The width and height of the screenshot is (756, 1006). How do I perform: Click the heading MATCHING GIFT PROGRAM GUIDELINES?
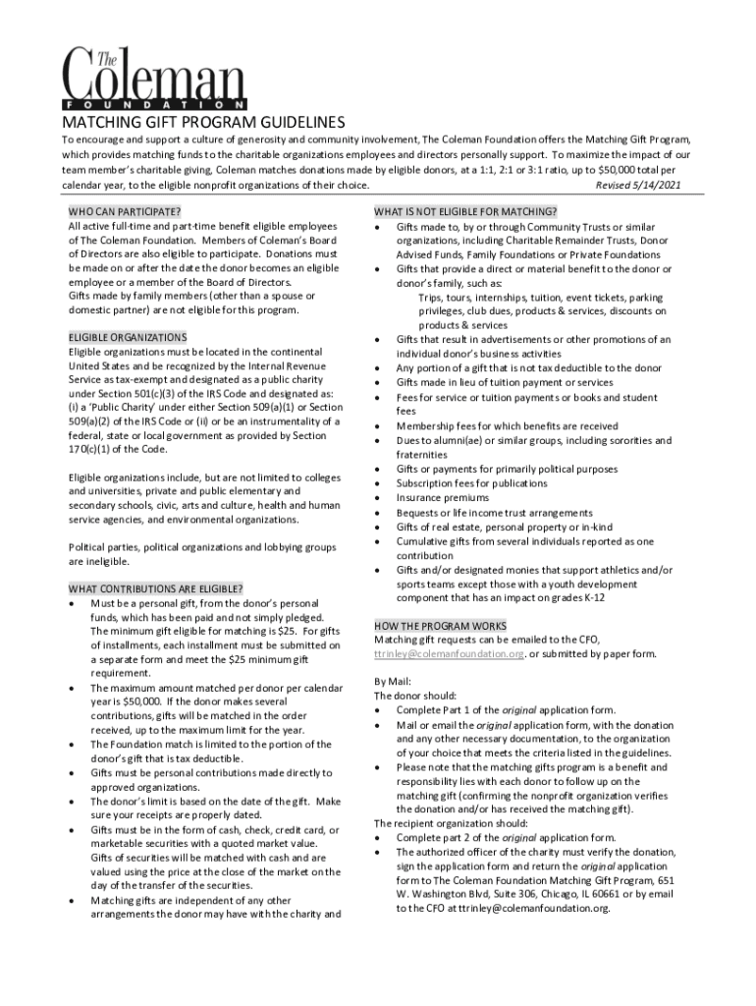coord(204,123)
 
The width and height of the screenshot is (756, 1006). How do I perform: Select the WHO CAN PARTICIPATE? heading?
coord(124,212)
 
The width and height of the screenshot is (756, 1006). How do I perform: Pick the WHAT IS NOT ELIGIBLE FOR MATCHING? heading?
coord(466,212)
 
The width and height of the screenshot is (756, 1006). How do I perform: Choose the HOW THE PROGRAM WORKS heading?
coord(441,626)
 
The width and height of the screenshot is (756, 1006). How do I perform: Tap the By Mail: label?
coord(394,681)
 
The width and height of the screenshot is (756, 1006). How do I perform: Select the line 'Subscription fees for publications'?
coord(471,483)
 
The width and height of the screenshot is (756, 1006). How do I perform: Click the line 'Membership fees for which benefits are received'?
coord(507,426)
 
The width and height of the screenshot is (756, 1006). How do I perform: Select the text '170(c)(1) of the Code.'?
coord(119,449)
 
